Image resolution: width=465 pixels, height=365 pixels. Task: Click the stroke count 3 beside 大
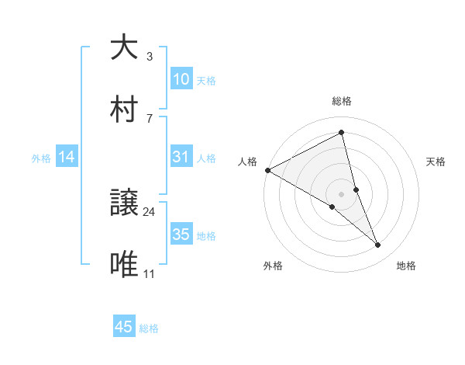pyautogui.click(x=150, y=57)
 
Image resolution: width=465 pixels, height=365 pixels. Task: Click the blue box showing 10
pyautogui.click(x=181, y=79)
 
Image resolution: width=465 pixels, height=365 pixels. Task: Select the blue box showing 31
pyautogui.click(x=181, y=158)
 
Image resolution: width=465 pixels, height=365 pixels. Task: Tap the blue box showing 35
pyautogui.click(x=181, y=235)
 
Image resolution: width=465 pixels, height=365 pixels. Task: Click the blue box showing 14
pyautogui.click(x=67, y=158)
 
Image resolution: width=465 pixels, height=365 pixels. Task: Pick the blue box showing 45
pyautogui.click(x=124, y=327)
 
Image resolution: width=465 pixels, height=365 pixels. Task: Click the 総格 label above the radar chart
pyautogui.click(x=342, y=101)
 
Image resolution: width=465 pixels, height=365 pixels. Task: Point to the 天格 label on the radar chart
pyautogui.click(x=436, y=162)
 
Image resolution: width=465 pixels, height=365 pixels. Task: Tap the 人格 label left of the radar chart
pyautogui.click(x=248, y=162)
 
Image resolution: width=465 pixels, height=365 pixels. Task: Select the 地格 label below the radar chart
pyautogui.click(x=406, y=266)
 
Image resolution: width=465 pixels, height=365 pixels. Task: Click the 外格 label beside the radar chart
pyautogui.click(x=273, y=266)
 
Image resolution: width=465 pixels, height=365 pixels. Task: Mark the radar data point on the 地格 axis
pyautogui.click(x=378, y=245)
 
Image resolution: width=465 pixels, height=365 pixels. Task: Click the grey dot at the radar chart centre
pyautogui.click(x=342, y=194)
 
